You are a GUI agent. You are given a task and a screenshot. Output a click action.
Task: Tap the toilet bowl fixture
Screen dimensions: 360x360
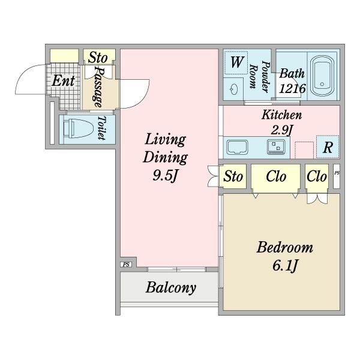78,128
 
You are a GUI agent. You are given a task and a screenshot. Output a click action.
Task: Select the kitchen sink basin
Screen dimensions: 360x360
237,148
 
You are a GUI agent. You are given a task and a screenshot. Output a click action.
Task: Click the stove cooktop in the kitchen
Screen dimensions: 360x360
276,147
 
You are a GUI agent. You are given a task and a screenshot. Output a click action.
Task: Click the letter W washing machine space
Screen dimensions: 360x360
236,62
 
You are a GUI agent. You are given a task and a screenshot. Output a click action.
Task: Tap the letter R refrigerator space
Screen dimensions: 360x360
328,147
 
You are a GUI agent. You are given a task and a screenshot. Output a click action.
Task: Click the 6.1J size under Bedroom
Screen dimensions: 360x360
284,266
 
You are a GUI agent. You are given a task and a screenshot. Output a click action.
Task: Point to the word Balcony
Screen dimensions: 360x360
171,287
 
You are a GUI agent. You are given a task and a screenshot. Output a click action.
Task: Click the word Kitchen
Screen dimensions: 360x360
281,115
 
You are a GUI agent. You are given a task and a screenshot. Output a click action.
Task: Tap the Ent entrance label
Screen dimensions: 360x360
63,81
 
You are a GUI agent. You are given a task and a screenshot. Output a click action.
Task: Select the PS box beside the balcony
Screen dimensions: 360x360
126,265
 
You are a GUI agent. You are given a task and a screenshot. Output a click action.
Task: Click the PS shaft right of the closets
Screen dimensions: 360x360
337,176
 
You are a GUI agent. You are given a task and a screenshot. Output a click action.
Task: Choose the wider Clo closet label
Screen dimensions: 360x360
276,176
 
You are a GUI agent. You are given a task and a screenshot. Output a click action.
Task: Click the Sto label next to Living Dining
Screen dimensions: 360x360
233,176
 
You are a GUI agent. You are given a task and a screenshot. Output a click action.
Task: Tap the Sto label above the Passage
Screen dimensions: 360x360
98,58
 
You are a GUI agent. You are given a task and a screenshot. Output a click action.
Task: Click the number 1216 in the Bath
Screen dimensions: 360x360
292,88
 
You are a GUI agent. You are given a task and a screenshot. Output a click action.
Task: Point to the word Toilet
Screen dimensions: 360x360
102,128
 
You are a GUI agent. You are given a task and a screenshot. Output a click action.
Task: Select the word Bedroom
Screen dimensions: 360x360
284,247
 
